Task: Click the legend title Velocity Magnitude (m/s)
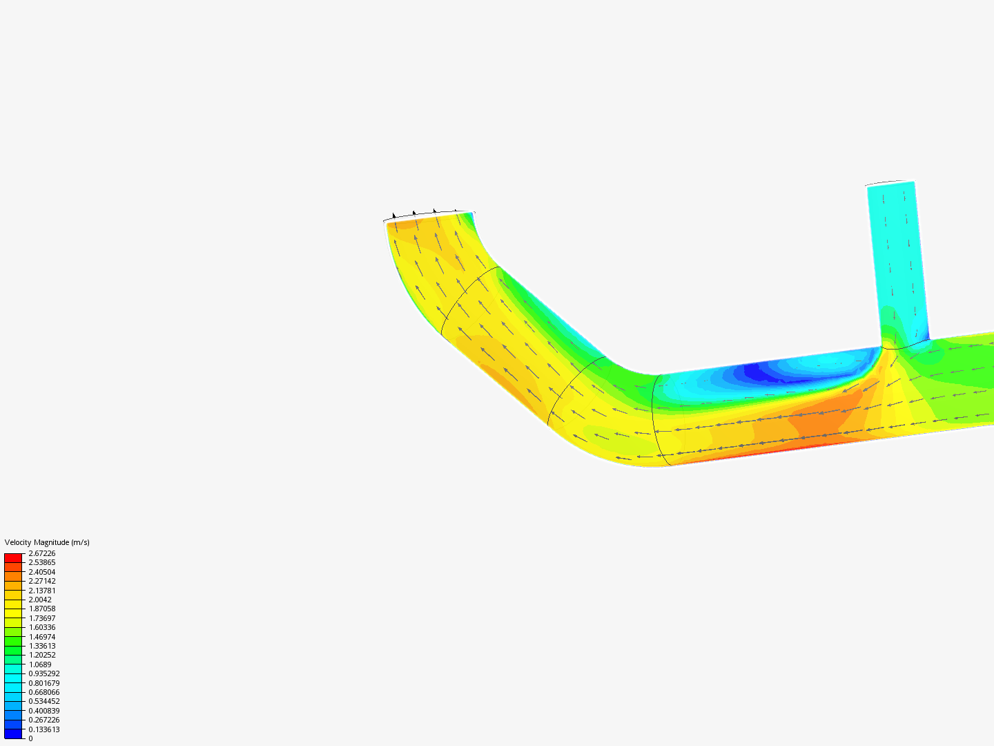pos(47,542)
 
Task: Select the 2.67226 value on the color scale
pos(41,553)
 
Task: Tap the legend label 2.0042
pos(40,600)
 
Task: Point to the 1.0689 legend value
pos(40,664)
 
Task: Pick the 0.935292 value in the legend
pos(44,673)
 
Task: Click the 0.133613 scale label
pos(44,729)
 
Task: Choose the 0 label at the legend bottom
pos(30,738)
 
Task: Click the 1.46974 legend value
pos(41,636)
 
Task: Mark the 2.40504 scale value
pos(41,572)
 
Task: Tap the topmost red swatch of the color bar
pos(13,557)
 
